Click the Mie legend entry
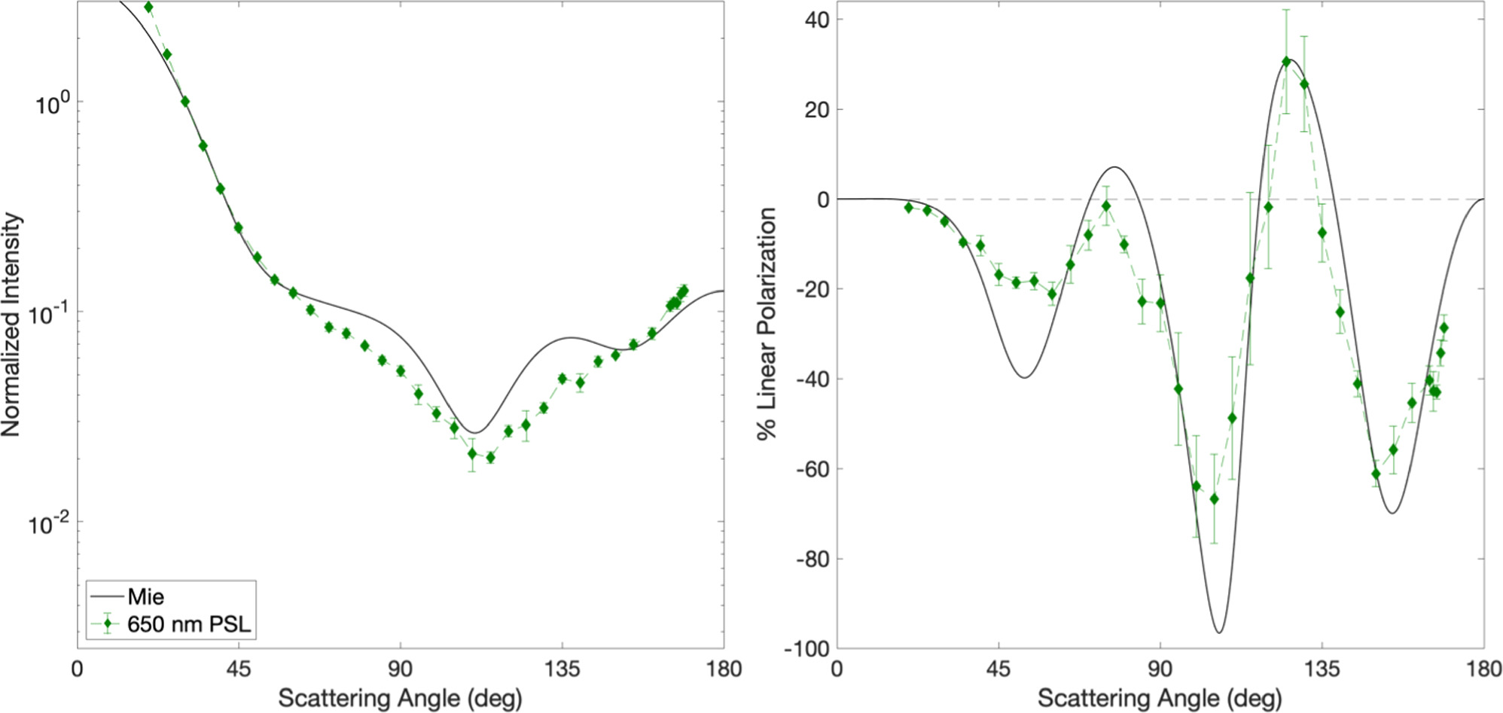[x=145, y=597]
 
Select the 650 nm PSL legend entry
[x=188, y=624]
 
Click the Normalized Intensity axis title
[x=11, y=325]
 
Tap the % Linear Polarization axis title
[x=767, y=325]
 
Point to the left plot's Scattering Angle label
[x=400, y=699]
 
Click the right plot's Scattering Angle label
[x=1160, y=699]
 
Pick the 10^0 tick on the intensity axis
[x=52, y=103]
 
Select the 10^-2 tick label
[x=50, y=523]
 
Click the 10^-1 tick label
[x=50, y=313]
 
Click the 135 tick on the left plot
[x=562, y=669]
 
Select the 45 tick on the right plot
[x=998, y=669]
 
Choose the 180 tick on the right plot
[x=1483, y=669]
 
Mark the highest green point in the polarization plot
[x=1286, y=62]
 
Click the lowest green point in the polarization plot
[x=1214, y=499]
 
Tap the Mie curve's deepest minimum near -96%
[x=1219, y=632]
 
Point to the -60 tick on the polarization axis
[x=811, y=469]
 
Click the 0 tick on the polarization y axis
[x=823, y=200]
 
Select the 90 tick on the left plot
[x=400, y=669]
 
